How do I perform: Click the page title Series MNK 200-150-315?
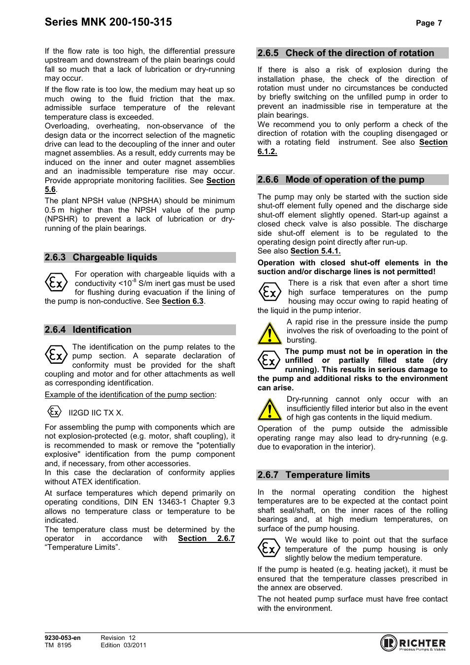(108, 22)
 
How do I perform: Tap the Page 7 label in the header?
(429, 23)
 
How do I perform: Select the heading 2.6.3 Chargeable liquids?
(101, 257)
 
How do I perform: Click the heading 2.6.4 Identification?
(88, 330)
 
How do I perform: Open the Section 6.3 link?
(182, 301)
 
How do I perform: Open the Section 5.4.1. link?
(315, 251)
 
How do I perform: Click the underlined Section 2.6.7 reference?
(206, 538)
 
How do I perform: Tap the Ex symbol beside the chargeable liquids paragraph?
(56, 283)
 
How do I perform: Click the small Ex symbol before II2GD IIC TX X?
(54, 412)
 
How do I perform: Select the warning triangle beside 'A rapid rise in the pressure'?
(269, 333)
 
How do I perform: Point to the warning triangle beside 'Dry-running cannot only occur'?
(269, 410)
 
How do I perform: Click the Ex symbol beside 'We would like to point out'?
(269, 548)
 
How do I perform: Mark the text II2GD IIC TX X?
(96, 413)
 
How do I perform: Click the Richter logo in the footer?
(413, 643)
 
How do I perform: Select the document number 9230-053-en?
(63, 638)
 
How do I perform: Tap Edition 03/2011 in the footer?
(123, 645)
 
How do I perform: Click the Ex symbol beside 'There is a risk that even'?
(269, 292)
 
